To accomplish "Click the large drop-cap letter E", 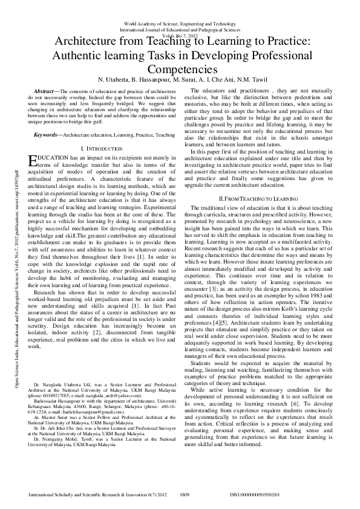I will [33, 160].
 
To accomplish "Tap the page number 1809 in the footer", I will [186, 494].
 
